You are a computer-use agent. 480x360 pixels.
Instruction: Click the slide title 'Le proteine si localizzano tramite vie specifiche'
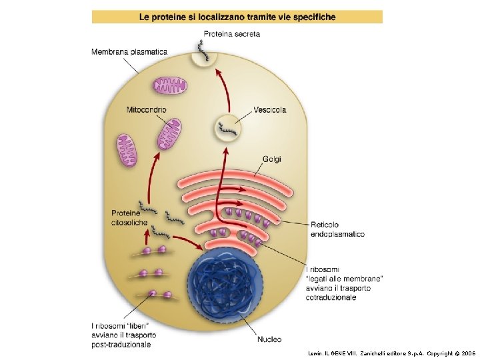click(237, 16)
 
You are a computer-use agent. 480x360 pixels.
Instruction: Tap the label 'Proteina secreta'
click(232, 34)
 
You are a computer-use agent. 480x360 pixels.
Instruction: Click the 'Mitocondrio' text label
click(146, 109)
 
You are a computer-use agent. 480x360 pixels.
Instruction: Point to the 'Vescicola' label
click(270, 110)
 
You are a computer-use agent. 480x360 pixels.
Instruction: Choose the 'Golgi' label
click(272, 159)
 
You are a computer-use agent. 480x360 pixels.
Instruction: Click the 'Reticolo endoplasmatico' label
click(337, 229)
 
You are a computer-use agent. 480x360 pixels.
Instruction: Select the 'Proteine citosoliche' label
click(129, 218)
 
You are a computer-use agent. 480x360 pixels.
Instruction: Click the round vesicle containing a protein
click(228, 127)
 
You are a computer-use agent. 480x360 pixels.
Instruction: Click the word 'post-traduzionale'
click(121, 344)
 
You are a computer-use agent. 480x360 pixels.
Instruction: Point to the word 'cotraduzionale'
click(331, 297)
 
